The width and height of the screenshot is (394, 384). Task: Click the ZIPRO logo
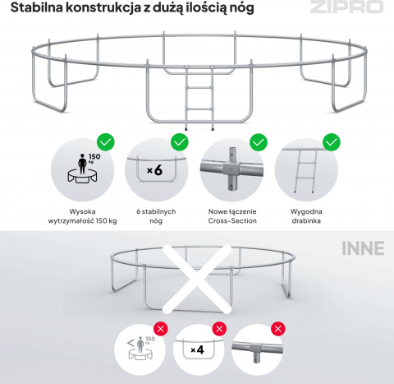point(346,7)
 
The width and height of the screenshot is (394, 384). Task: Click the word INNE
point(363,248)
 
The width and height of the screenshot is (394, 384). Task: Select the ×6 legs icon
point(156,170)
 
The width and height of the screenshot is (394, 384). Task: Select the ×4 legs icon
point(199,349)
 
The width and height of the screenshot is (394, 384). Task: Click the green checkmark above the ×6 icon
point(180,142)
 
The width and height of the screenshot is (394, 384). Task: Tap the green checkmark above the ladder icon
point(332,142)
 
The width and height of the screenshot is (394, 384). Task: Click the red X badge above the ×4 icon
point(219,329)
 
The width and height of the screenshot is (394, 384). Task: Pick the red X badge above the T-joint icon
point(278,329)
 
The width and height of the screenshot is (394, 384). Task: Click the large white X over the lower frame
point(197,279)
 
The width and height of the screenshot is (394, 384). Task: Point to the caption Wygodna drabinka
point(306,216)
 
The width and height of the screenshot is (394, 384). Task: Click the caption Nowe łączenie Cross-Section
point(232,216)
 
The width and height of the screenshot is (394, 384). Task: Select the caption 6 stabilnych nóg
point(156,216)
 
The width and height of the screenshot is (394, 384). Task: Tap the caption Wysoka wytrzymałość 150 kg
point(82,216)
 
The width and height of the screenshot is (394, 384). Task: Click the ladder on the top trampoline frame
point(199,98)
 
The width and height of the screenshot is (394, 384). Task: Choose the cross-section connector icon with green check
point(231,170)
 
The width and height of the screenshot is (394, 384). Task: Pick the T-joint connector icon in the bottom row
point(257,349)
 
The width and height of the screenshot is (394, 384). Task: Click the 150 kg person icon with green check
point(82,170)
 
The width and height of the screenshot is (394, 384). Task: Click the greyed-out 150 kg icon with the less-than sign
point(140,349)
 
